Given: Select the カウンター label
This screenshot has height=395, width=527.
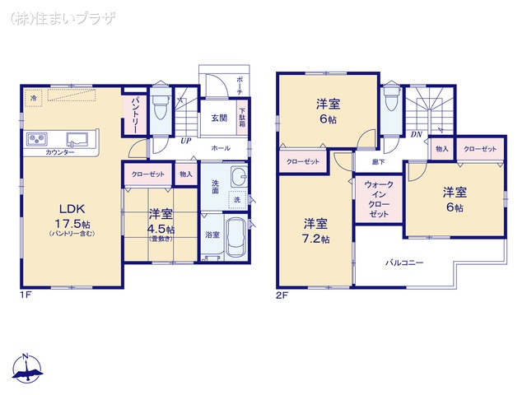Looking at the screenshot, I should click(59, 153).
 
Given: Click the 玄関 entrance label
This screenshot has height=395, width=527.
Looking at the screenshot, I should click(218, 117).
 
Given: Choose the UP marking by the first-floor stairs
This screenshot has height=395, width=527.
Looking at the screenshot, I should click(187, 141).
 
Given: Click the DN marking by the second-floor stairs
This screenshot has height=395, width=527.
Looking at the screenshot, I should click(417, 134).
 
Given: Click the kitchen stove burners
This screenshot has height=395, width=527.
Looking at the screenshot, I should click(38, 137).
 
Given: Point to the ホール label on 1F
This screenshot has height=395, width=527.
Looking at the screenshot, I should click(220, 148).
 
